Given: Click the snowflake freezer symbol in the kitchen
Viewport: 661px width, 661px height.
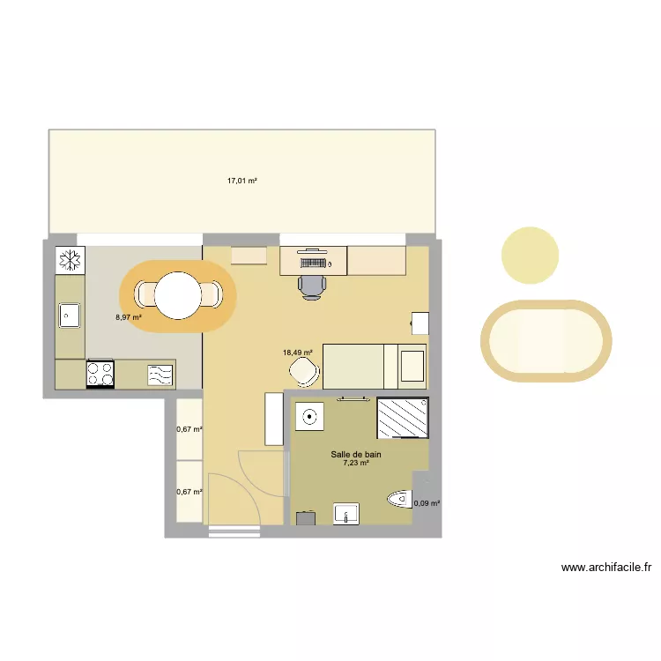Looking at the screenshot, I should [70, 260].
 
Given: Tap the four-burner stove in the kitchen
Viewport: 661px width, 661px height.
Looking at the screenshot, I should [100, 375].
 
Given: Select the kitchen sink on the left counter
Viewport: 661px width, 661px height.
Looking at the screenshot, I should [70, 314].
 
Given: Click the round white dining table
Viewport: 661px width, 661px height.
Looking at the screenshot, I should [178, 295].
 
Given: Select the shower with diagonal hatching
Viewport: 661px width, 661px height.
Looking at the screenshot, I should [403, 418].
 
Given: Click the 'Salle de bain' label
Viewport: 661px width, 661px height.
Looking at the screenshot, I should [356, 455].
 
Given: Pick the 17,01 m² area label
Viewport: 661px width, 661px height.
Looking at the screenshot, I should [241, 181].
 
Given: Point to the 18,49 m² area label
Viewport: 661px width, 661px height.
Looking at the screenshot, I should [297, 353].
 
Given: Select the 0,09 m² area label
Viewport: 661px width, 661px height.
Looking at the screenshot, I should [427, 504].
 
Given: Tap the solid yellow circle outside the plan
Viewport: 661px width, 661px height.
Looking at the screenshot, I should [531, 256].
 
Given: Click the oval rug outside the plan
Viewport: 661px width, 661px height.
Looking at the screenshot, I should [546, 341].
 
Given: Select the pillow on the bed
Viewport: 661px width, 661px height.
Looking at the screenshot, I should [412, 367].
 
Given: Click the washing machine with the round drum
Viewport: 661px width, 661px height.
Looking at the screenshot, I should [308, 417].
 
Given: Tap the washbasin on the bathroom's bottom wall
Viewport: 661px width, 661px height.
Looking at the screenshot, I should [346, 513].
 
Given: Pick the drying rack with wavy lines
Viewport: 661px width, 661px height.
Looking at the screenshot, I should [160, 375].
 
